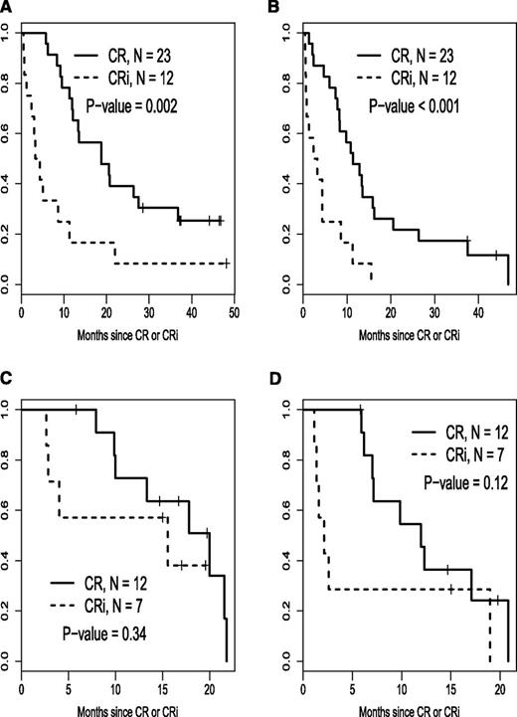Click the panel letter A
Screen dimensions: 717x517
point(7,7)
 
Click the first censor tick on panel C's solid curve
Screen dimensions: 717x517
point(77,409)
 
